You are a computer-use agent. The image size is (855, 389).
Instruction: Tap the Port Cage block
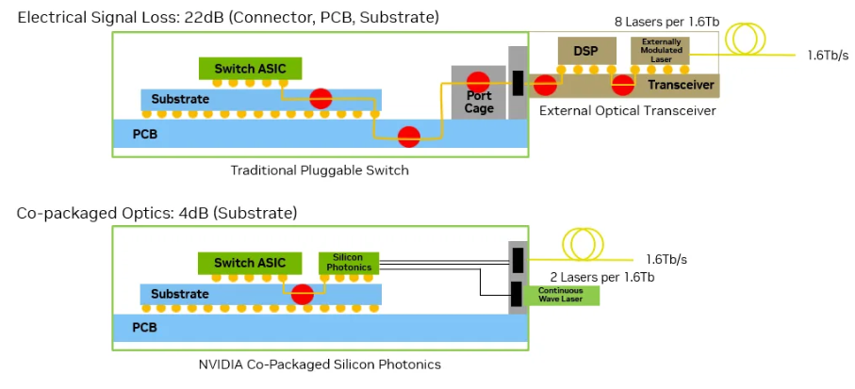tap(479, 92)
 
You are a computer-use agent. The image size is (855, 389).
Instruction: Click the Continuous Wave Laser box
tap(560, 295)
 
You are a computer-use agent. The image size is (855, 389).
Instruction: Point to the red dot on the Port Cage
tap(479, 80)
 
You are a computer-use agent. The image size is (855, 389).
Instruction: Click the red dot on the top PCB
tap(408, 137)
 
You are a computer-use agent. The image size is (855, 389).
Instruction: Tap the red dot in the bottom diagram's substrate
tap(303, 294)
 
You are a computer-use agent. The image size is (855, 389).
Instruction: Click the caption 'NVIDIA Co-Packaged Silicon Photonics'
tap(320, 364)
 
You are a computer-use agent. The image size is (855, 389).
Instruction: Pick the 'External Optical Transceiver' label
tap(627, 111)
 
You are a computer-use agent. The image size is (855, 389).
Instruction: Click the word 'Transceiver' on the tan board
tap(680, 86)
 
